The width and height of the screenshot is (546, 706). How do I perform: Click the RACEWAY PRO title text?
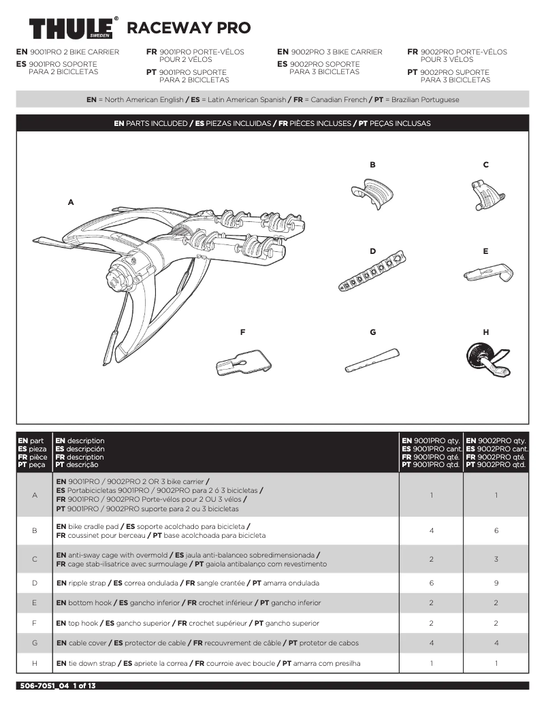pyautogui.click(x=189, y=28)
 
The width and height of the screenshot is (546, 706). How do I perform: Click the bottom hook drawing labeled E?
pyautogui.click(x=487, y=274)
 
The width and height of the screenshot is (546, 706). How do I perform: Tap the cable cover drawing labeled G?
pyautogui.click(x=372, y=359)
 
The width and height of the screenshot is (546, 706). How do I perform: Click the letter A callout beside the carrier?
pyautogui.click(x=71, y=202)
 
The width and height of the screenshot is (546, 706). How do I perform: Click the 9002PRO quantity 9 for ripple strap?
pyautogui.click(x=496, y=583)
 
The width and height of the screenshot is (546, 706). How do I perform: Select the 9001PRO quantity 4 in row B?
pyautogui.click(x=431, y=530)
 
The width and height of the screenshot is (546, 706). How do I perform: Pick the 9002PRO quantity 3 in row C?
pyautogui.click(x=496, y=559)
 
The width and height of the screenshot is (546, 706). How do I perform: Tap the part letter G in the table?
pyautogui.click(x=34, y=643)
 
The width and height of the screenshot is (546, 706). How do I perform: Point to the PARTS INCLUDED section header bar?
pyautogui.click(x=272, y=124)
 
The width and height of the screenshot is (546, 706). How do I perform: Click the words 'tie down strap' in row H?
pyautogui.click(x=91, y=663)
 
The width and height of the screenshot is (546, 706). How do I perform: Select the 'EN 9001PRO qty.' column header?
pyautogui.click(x=431, y=440)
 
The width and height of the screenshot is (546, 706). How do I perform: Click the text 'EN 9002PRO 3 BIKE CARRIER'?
pyautogui.click(x=330, y=52)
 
